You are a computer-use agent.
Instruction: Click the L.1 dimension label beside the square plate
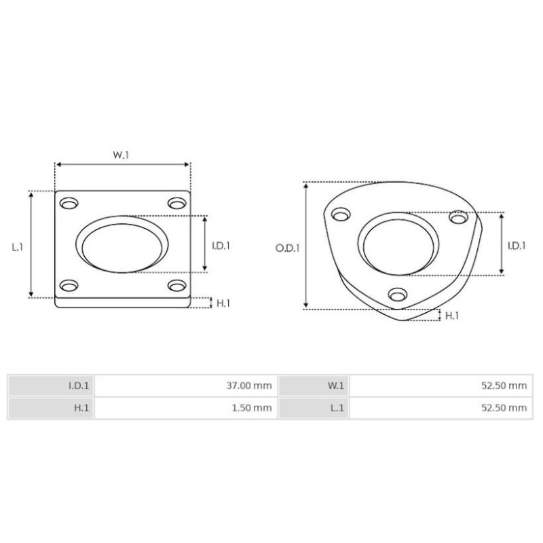[18, 247]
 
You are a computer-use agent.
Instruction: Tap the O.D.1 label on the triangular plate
[286, 248]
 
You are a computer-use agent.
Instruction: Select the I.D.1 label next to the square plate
[221, 246]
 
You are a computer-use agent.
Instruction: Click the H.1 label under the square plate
[223, 303]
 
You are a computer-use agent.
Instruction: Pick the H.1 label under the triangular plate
[451, 315]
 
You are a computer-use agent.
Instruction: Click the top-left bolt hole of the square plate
[69, 204]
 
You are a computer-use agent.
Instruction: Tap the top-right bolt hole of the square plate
[177, 204]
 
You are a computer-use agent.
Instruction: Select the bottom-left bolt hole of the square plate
[69, 285]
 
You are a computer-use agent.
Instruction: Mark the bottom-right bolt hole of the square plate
[177, 285]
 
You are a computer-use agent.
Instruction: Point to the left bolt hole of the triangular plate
[340, 216]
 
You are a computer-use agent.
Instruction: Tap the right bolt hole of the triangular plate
[460, 217]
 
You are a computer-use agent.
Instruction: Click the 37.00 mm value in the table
[250, 386]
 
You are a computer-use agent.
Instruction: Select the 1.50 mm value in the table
[252, 408]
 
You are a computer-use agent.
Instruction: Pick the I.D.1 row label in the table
[79, 386]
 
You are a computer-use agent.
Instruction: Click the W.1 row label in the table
[336, 386]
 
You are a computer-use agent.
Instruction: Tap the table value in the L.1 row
[504, 408]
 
